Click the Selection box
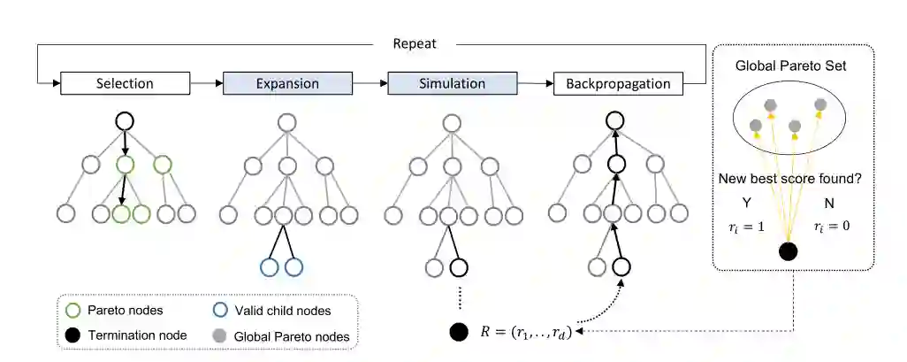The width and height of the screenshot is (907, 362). click(125, 84)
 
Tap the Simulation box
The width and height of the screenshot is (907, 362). click(452, 84)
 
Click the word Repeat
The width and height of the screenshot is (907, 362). click(415, 42)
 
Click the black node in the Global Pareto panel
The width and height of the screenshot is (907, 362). click(789, 251)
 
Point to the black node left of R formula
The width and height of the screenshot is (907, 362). click(458, 333)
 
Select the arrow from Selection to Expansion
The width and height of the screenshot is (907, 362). click(207, 84)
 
